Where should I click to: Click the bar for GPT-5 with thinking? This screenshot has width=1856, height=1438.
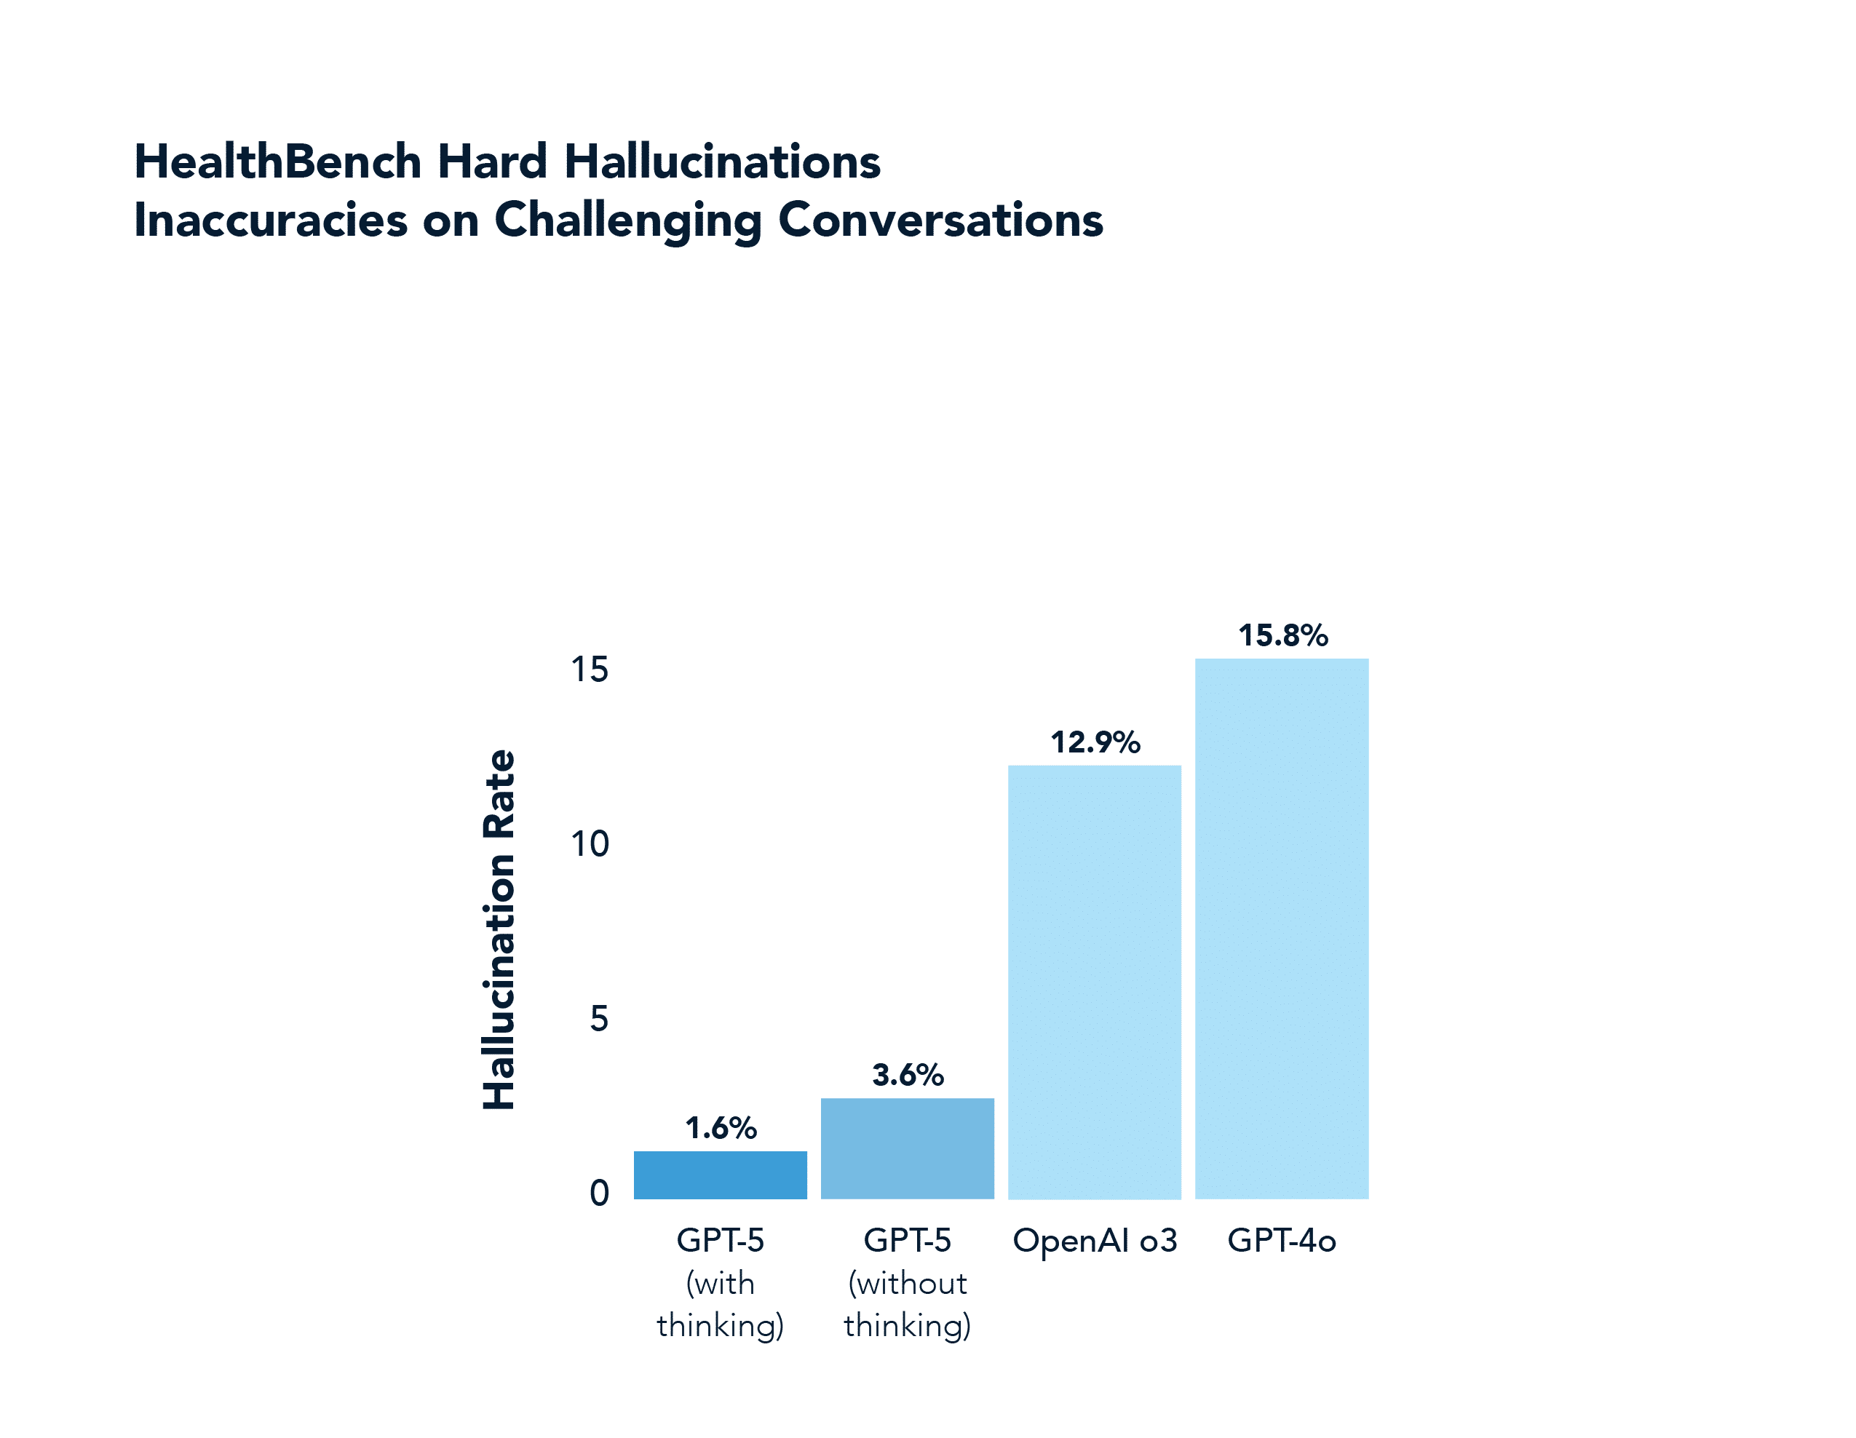click(720, 1175)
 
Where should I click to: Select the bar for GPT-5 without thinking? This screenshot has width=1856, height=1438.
click(907, 1148)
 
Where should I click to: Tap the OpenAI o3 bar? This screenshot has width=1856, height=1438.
click(1094, 982)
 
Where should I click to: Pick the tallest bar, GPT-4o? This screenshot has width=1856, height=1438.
click(1282, 928)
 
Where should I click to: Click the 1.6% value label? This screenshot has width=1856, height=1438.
click(721, 1128)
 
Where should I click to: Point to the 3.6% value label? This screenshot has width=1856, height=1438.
click(908, 1075)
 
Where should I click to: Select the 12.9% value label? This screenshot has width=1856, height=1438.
click(1095, 742)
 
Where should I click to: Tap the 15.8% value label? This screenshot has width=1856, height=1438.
click(1282, 635)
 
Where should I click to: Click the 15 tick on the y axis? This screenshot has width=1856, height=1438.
click(589, 670)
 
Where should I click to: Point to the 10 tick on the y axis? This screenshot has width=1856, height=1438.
click(589, 844)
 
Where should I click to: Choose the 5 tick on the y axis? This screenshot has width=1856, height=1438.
click(598, 1018)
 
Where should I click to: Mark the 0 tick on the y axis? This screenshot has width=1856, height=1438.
click(598, 1193)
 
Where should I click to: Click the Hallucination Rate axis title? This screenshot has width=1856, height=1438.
click(499, 929)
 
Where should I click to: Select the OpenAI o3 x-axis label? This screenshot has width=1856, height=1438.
click(1095, 1241)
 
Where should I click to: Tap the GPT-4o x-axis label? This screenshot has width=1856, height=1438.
click(1282, 1241)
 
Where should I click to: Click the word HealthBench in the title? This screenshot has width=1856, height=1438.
click(278, 162)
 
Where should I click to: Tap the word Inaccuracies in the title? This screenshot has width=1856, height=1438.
click(270, 220)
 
